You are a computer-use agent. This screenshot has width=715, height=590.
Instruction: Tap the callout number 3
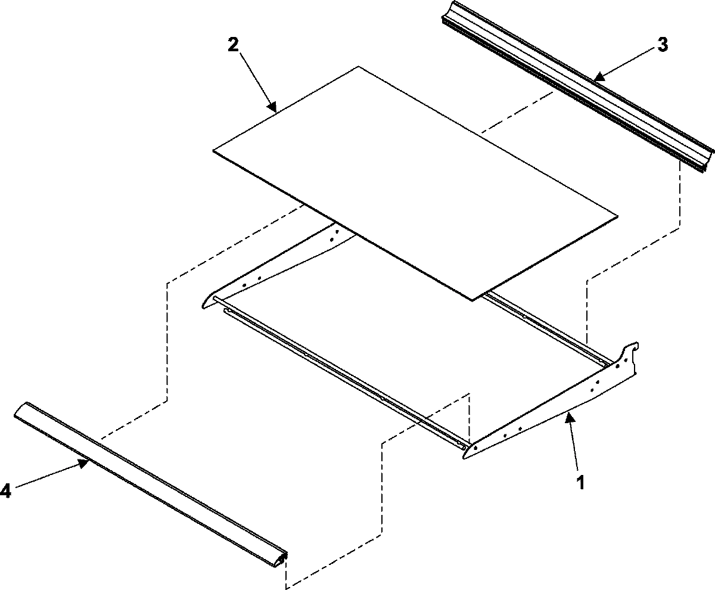[663, 45]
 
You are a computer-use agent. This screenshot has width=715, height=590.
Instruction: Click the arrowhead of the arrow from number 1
[569, 415]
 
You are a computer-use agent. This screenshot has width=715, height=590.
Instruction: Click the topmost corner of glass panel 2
[358, 67]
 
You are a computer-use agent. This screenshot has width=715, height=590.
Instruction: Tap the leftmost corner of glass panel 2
[214, 150]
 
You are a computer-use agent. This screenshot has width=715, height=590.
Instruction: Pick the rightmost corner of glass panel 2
[617, 215]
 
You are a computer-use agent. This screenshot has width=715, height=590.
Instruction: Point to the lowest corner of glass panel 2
[472, 300]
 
